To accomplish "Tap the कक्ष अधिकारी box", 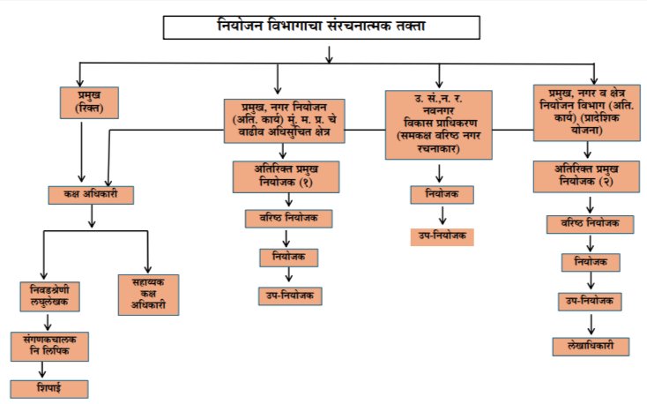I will [x=91, y=195].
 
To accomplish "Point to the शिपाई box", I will [x=49, y=388].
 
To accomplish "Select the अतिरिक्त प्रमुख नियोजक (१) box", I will [x=281, y=176].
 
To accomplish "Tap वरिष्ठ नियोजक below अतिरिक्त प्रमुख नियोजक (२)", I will [x=590, y=224].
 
